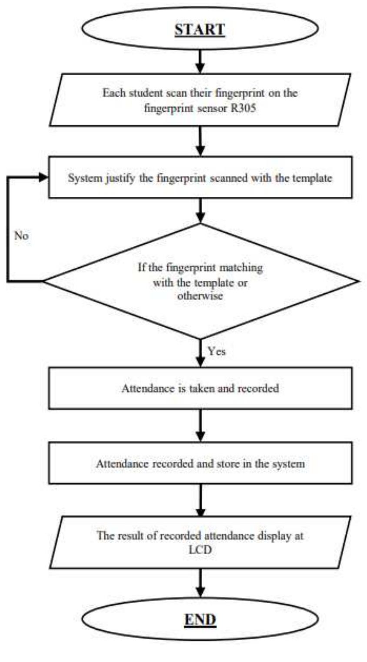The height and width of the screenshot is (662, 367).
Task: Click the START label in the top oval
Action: pyautogui.click(x=200, y=30)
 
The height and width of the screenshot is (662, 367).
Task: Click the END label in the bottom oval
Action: pyautogui.click(x=200, y=619)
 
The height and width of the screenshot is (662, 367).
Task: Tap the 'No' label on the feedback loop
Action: pyautogui.click(x=21, y=236)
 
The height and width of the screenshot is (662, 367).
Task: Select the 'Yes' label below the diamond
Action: pyautogui.click(x=217, y=351)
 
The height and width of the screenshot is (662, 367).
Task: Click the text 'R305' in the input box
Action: pyautogui.click(x=244, y=108)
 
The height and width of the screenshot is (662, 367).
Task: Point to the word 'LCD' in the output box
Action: pyautogui.click(x=200, y=549)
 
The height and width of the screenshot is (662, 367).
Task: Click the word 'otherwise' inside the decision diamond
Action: pyautogui.click(x=200, y=296)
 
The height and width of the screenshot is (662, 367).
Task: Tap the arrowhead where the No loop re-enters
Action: pyautogui.click(x=44, y=177)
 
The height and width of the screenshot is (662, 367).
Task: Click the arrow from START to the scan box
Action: pyautogui.click(x=200, y=61)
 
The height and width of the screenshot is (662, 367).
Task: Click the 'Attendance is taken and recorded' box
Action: pyautogui.click(x=200, y=388)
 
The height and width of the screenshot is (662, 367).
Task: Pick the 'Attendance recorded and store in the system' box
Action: pyautogui.click(x=200, y=464)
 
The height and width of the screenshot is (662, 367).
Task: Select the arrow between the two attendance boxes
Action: pyautogui.click(x=200, y=426)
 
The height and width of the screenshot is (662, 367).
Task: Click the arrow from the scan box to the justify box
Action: pyautogui.click(x=200, y=141)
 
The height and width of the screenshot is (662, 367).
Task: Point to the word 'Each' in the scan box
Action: pyautogui.click(x=111, y=93)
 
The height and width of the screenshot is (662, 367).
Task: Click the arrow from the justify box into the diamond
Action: pyautogui.click(x=200, y=211)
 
